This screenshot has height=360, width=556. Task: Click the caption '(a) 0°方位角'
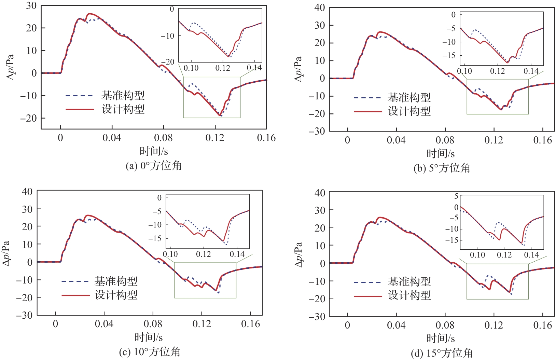coord(154,166)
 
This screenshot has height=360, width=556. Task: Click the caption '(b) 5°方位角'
coord(442,168)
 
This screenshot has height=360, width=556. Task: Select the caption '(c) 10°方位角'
coord(150,352)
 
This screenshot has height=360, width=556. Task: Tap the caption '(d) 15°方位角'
coord(442,354)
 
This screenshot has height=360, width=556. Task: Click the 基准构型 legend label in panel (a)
coord(123,95)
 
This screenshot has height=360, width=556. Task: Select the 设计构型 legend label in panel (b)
coord(409,111)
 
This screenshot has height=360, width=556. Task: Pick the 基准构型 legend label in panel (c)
coord(116,281)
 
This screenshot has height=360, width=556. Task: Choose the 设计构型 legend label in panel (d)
coord(409,295)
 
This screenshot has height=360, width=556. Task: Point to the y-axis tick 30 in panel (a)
coord(31,6)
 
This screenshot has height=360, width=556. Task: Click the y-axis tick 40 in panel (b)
coord(320,8)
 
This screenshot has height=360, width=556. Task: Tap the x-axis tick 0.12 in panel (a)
coord(215,138)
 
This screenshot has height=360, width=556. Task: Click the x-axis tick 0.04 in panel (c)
coord(104,324)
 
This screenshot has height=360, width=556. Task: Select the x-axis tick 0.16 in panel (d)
coord(542,325)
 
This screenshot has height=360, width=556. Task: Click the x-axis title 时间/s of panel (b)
coord(440,153)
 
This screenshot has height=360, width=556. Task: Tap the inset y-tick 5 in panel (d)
coord(456,196)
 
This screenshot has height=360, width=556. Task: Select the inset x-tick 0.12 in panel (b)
coord(497,71)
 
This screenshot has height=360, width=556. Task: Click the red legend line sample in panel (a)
coord(80,109)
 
